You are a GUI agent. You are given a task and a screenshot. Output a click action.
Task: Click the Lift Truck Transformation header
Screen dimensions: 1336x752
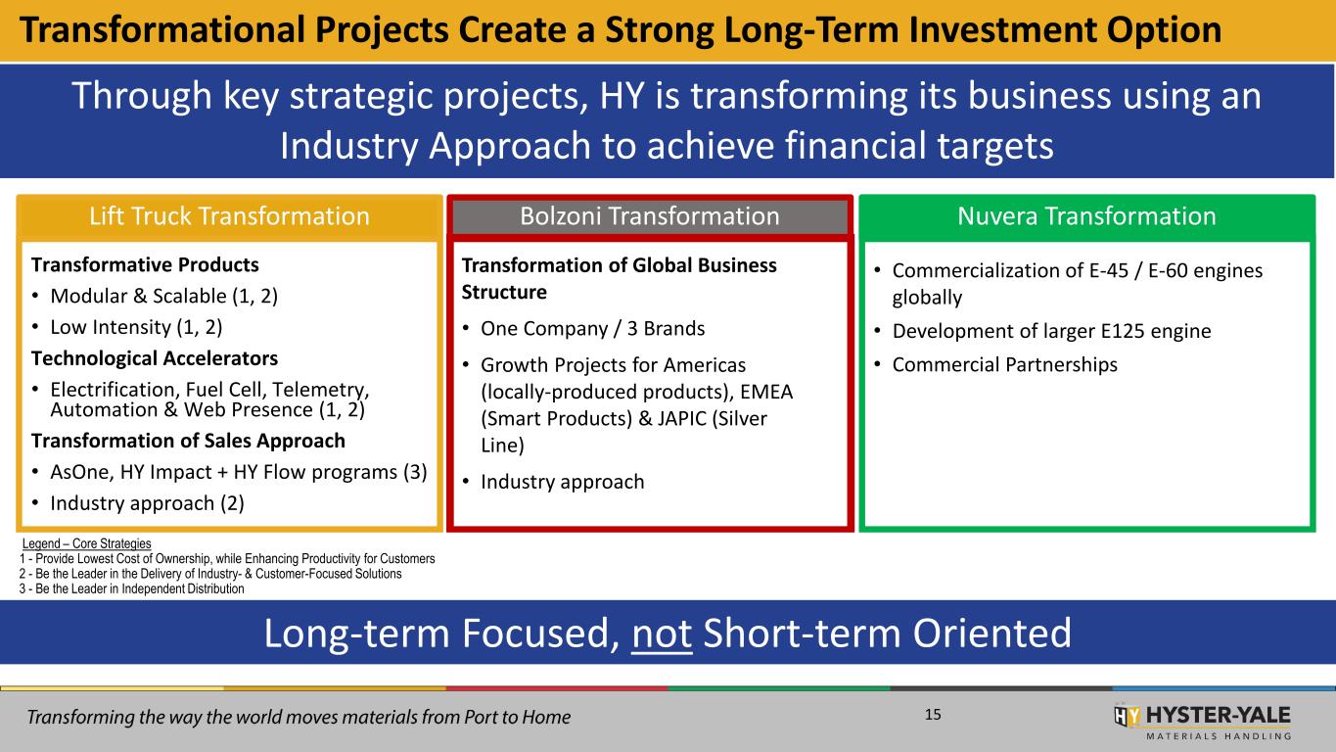pos(229,216)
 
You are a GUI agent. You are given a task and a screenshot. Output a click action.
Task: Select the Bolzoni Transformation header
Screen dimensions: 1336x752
pos(650,216)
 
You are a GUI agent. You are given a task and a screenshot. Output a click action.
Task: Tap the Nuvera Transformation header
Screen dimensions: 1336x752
pos(1086,216)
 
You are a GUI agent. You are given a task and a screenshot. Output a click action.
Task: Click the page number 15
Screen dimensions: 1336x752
pos(933,715)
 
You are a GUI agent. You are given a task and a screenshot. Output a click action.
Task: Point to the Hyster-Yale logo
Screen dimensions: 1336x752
pos(1202,722)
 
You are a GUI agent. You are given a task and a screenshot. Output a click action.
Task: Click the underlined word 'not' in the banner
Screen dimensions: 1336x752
pos(662,634)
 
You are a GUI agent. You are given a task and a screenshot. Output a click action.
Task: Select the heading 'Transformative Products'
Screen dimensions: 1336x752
pos(145,264)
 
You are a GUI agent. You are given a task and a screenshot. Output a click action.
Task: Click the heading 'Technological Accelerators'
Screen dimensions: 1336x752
pos(155,358)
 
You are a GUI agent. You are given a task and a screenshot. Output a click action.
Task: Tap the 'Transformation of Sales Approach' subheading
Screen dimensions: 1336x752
pos(188,441)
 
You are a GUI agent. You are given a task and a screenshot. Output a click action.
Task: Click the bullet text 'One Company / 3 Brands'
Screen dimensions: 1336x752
pos(593,328)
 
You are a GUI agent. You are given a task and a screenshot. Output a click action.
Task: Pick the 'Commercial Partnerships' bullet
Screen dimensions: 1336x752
pos(1005,364)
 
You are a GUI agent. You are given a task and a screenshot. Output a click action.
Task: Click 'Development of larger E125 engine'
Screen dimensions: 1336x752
pos(1051,331)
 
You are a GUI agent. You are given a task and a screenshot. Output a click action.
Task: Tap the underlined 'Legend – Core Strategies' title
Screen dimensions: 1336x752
pos(86,543)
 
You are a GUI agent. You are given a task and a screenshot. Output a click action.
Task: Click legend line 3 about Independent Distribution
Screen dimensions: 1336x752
pos(132,589)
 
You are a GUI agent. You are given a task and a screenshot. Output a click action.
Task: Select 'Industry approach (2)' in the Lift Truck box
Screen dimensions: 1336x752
pos(148,503)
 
